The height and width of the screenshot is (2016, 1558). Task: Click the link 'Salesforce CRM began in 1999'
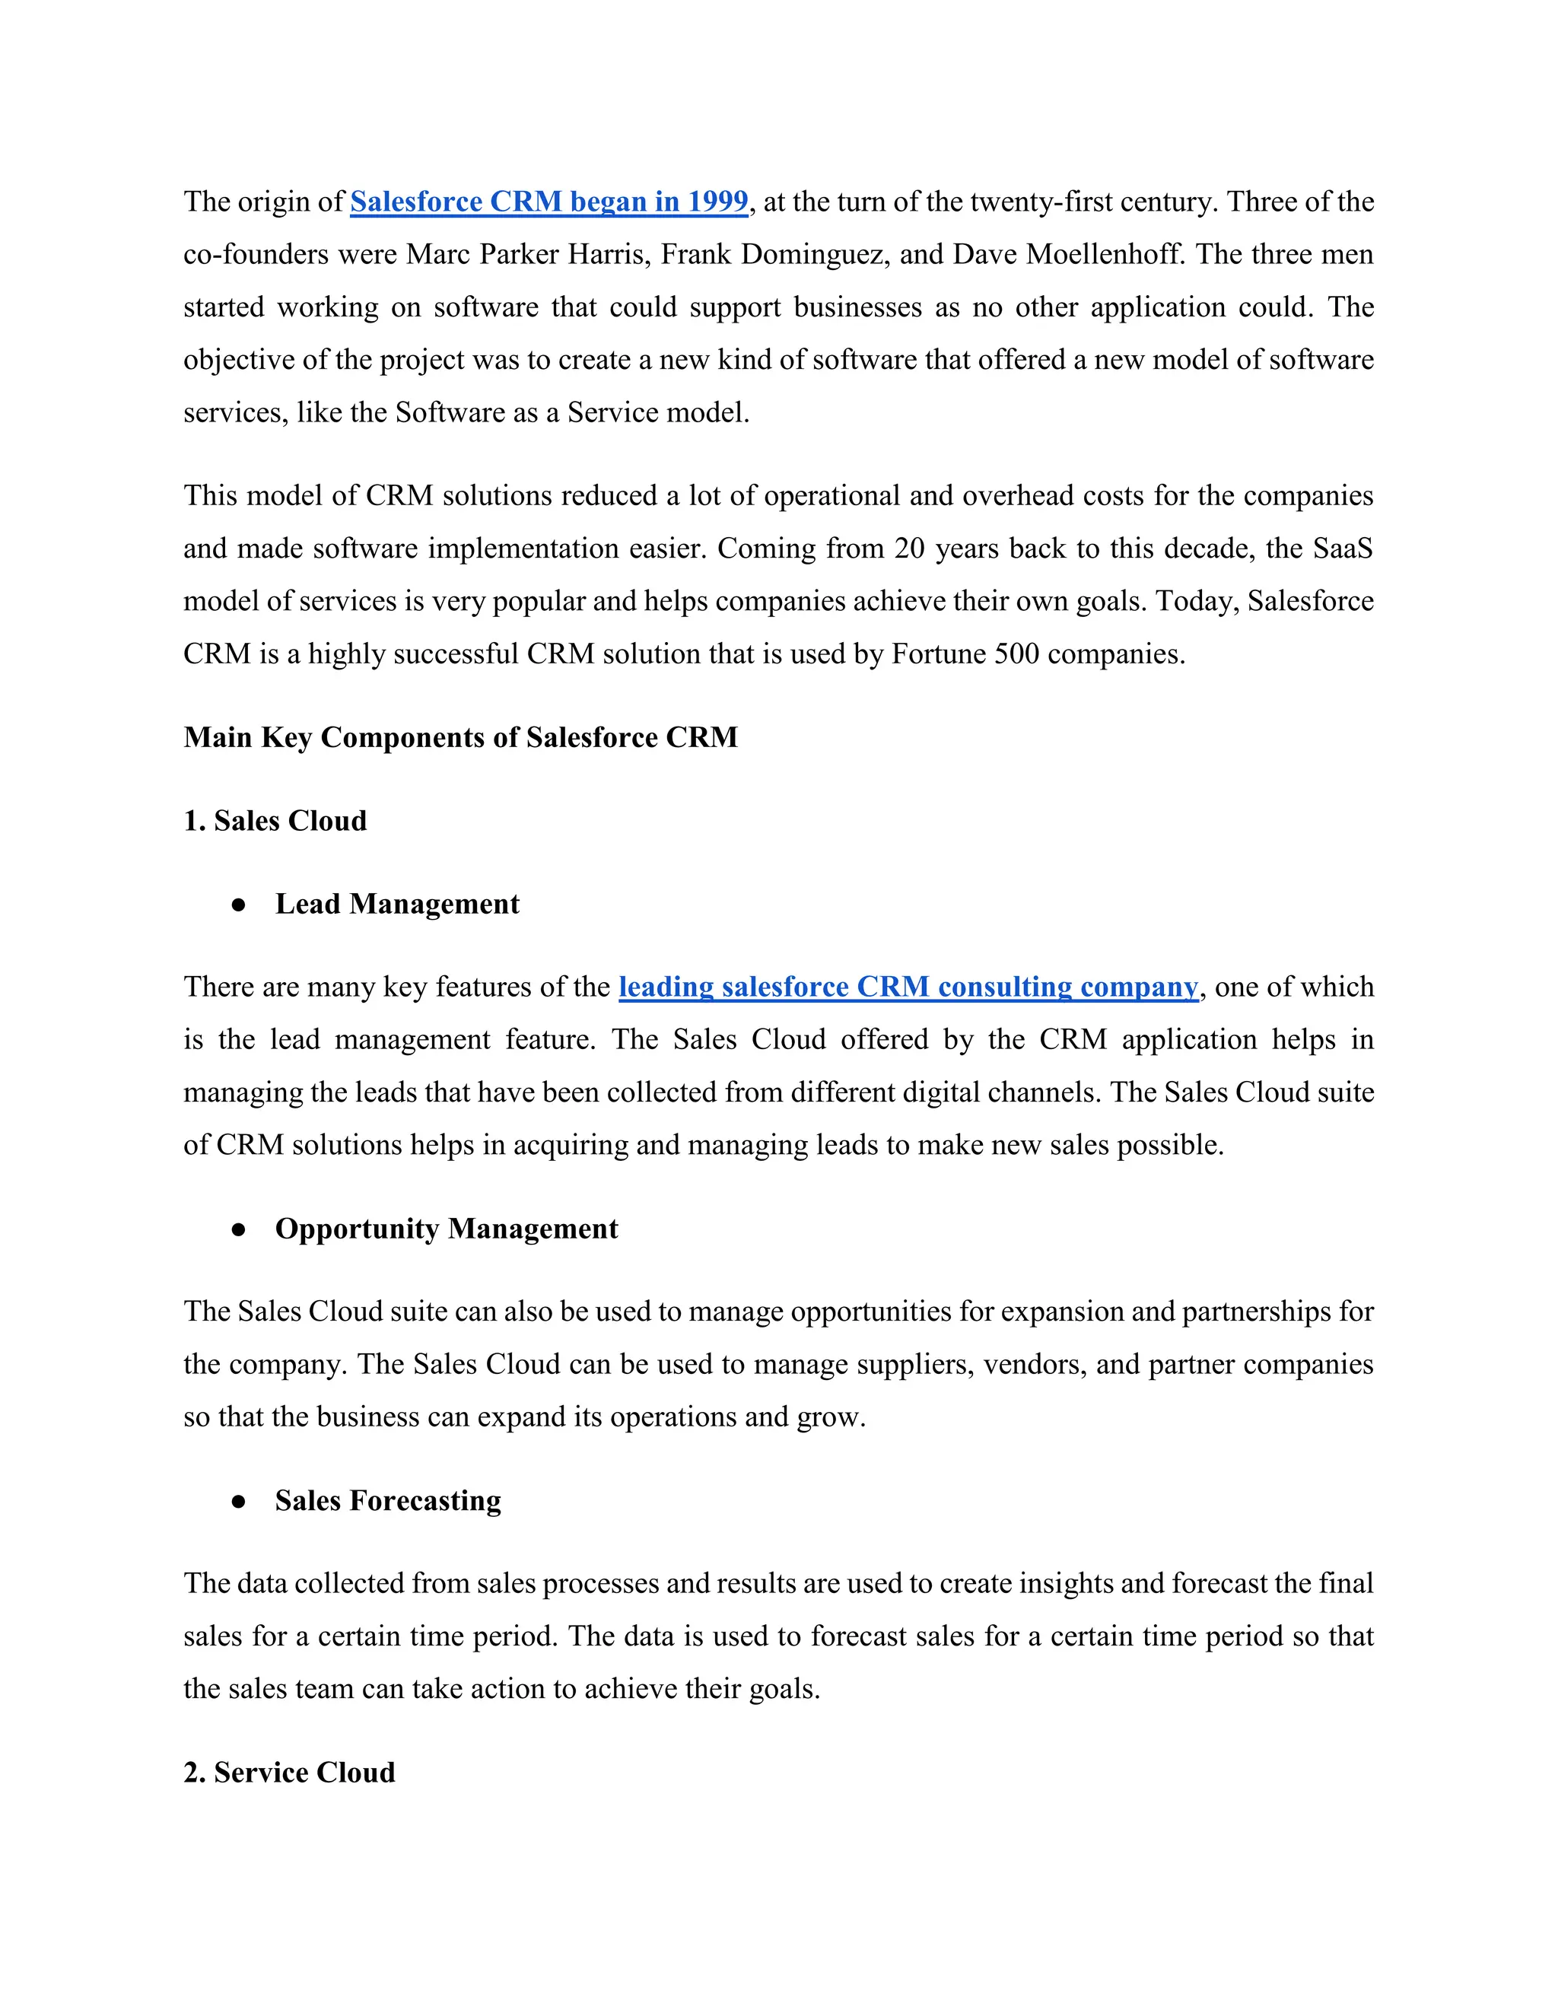coord(548,202)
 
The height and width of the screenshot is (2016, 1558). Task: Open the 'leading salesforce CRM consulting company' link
coord(908,987)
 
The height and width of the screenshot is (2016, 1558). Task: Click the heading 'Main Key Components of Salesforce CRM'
coord(460,737)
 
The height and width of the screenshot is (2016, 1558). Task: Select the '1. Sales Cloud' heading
coord(275,821)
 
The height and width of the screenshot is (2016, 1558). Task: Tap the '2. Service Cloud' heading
coord(289,1773)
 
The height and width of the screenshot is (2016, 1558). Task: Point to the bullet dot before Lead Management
coord(239,905)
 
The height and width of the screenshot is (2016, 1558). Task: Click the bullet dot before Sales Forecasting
coord(239,1502)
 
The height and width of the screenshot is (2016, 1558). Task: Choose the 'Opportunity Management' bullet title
coord(446,1229)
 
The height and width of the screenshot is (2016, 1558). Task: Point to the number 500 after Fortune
coord(1016,653)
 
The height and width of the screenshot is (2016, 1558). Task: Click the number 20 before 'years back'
coord(909,549)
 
